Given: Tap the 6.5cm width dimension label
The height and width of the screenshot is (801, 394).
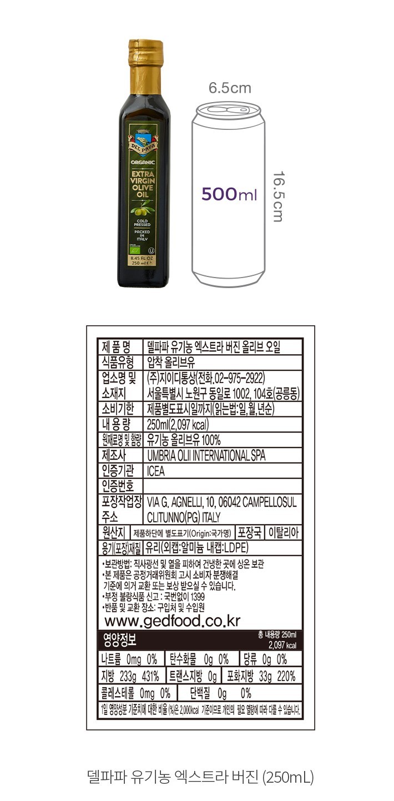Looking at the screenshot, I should coord(230,88).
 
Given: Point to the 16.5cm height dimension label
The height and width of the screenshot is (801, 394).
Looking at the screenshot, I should coord(278,196).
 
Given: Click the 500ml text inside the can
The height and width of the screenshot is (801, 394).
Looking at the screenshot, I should coord(229,194).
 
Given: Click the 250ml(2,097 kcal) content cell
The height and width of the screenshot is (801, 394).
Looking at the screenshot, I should coord(178,425).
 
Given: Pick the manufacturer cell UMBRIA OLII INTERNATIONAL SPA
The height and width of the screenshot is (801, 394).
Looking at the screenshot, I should coord(206,456).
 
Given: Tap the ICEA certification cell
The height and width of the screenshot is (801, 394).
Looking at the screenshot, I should coord(156,471).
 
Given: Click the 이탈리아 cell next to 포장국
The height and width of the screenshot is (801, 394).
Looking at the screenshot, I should coord(284,532).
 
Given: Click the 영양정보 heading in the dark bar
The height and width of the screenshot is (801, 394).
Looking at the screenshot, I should coord(120,640).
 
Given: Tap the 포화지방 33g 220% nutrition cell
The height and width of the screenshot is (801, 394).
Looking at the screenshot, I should coord(261,676).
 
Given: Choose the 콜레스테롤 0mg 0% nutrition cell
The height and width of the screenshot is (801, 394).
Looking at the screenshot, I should coord(136,693).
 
